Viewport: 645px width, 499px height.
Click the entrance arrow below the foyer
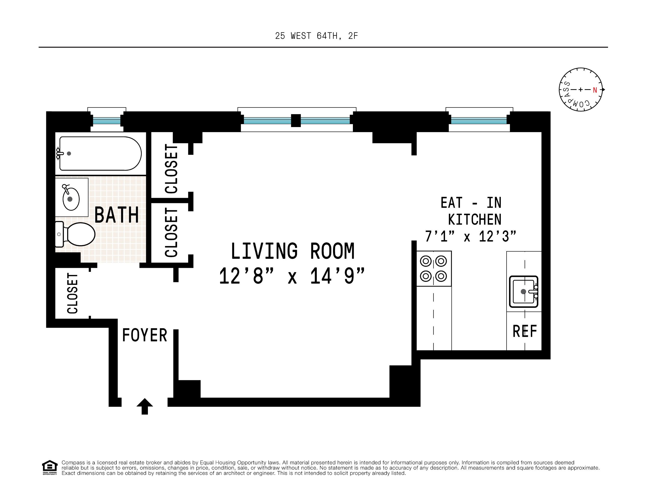coord(144,406)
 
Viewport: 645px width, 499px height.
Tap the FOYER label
coord(144,335)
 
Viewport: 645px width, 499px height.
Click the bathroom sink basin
coord(71,199)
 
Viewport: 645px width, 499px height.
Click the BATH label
coord(116,215)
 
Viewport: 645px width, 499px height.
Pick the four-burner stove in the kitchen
coord(434,269)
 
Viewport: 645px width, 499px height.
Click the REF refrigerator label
coord(525,331)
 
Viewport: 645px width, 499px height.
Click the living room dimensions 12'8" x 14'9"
coord(292,276)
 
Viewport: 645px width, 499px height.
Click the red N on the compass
coord(595,90)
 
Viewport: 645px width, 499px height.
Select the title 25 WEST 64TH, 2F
coord(316,36)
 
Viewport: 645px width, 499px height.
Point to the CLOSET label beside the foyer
coord(73,293)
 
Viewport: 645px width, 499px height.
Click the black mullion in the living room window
coord(296,120)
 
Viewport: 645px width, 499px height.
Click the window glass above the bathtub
coord(107,120)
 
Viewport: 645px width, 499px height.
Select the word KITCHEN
coord(475,220)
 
